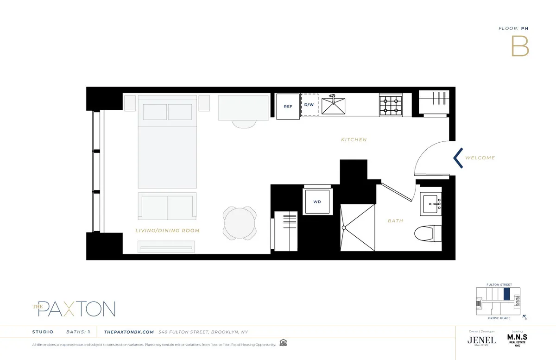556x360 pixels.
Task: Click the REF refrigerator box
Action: tap(288, 106)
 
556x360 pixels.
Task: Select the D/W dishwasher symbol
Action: tap(309, 106)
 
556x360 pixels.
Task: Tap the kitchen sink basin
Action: tap(334, 107)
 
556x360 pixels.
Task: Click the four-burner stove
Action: tap(390, 106)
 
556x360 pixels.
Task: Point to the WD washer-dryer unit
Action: tap(317, 202)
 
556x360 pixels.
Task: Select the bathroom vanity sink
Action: tap(432, 204)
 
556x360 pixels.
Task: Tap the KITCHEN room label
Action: tap(354, 139)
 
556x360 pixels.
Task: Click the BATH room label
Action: tap(395, 221)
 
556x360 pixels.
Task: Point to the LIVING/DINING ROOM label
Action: tap(167, 230)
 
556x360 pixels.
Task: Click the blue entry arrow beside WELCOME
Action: tap(458, 158)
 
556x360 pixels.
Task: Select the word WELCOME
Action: tap(480, 158)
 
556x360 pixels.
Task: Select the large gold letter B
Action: tap(520, 46)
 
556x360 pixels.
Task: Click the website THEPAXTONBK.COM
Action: tap(129, 332)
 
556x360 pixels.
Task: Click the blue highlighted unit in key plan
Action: tap(506, 294)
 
